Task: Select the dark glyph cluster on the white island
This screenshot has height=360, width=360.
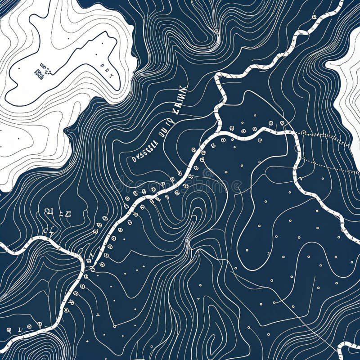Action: coord(41,69)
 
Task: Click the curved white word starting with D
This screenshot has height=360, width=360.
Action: coord(145,151)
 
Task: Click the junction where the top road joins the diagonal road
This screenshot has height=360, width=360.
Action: coord(220,133)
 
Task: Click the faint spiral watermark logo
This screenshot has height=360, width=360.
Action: coord(208,173)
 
